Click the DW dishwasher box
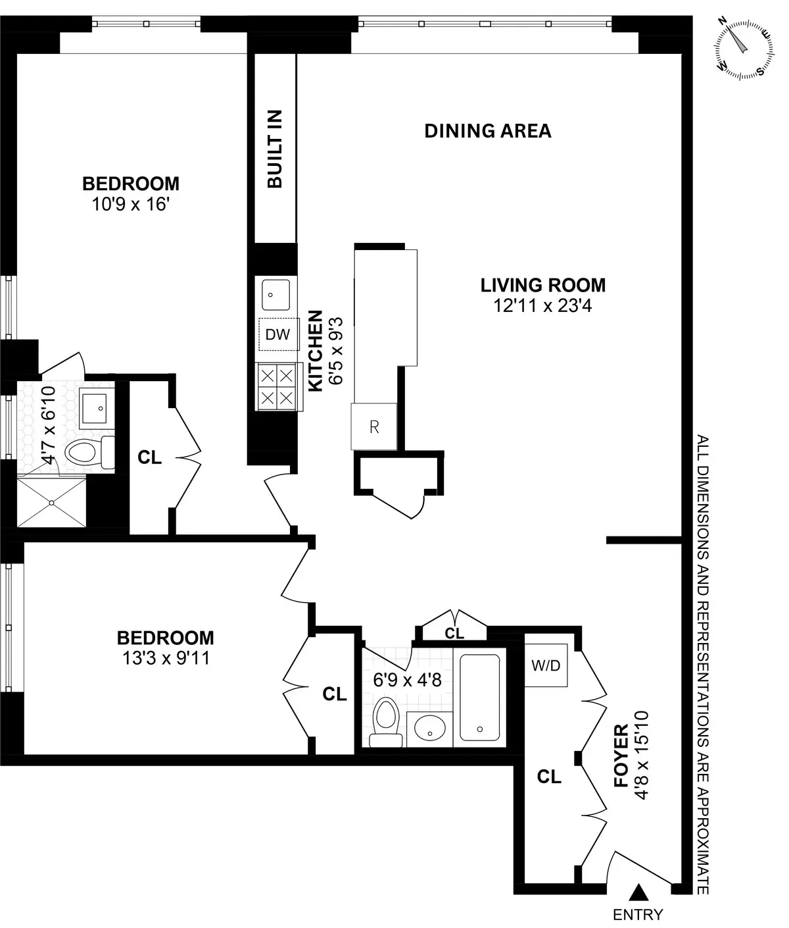pyautogui.click(x=277, y=334)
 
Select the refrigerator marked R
pyautogui.click(x=374, y=426)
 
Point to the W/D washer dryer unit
pyautogui.click(x=546, y=665)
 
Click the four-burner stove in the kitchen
pyautogui.click(x=276, y=387)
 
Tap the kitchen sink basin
pyautogui.click(x=276, y=294)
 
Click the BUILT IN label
pyautogui.click(x=275, y=149)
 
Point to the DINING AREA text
pyautogui.click(x=487, y=131)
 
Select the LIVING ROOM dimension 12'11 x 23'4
pyautogui.click(x=542, y=305)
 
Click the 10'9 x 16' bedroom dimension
pyautogui.click(x=131, y=205)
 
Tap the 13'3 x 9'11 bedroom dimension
pyautogui.click(x=165, y=657)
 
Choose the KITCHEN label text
pyautogui.click(x=316, y=350)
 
